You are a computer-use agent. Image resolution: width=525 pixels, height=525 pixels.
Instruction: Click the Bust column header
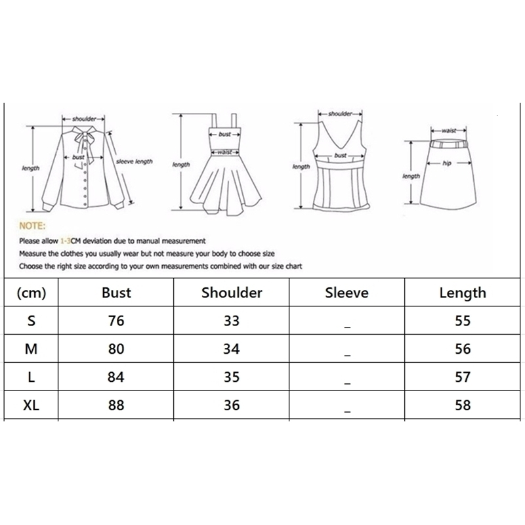click(116, 293)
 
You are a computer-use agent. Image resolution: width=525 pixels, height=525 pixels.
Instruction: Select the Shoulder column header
click(231, 293)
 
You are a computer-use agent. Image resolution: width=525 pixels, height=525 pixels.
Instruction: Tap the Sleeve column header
click(346, 293)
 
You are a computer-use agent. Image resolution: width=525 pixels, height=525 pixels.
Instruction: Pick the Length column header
click(463, 293)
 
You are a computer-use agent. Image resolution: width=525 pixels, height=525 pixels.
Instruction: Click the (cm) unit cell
click(31, 293)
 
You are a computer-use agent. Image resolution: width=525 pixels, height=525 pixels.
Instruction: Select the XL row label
click(31, 405)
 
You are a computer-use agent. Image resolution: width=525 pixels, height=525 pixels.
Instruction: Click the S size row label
click(31, 321)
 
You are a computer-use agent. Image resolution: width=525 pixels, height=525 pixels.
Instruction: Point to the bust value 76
click(116, 321)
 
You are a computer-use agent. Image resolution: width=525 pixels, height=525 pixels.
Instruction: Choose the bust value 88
click(116, 405)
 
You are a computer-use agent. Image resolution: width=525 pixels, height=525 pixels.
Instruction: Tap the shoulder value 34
click(231, 349)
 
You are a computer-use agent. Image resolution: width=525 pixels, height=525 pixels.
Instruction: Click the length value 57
click(463, 377)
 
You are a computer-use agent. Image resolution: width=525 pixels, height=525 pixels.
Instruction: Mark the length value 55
click(463, 321)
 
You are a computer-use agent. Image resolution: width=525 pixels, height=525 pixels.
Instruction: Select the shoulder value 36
click(231, 405)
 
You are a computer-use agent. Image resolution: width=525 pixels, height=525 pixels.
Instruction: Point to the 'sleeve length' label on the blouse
click(135, 161)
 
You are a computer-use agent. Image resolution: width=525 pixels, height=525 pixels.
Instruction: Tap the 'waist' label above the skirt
click(449, 131)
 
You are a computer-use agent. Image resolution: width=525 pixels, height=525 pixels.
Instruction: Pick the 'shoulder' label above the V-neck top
click(341, 114)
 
